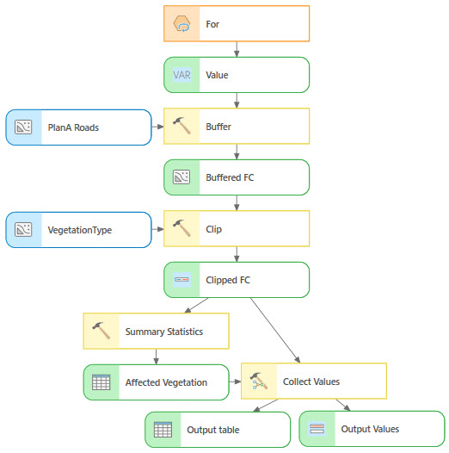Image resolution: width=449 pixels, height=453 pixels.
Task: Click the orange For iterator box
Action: (x=236, y=24)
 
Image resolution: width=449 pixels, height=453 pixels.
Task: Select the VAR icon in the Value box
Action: (x=181, y=75)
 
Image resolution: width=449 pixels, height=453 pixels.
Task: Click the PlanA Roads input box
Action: (x=78, y=127)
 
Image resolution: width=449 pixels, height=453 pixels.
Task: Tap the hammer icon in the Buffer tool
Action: (x=181, y=126)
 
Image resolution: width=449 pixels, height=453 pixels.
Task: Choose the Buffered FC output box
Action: (x=236, y=177)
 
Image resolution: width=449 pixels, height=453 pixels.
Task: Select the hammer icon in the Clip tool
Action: (x=181, y=228)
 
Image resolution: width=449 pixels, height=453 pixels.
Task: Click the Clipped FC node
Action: (x=236, y=279)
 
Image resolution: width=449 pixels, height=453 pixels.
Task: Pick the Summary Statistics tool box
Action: (x=156, y=331)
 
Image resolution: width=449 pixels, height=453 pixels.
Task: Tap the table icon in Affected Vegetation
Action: (x=101, y=382)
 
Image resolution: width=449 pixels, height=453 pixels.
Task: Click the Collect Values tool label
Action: (x=311, y=382)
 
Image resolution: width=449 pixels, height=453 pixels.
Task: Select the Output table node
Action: (x=218, y=429)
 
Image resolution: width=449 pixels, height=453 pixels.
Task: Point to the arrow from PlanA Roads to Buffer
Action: (x=157, y=127)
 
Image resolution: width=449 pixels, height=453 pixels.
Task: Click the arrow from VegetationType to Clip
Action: (x=157, y=229)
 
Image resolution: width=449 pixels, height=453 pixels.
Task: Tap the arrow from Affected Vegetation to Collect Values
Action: (x=234, y=382)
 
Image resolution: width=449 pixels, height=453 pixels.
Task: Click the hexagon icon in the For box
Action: (x=181, y=24)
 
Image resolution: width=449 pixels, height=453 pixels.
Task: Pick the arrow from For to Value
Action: (x=236, y=49)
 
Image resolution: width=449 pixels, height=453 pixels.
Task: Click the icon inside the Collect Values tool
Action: (x=258, y=382)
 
